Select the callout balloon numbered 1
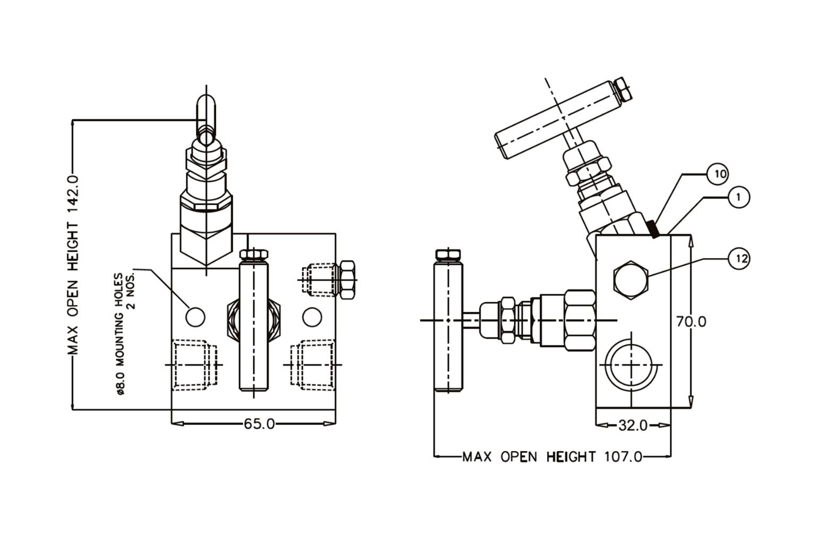(x=738, y=197)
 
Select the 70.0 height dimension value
(x=691, y=321)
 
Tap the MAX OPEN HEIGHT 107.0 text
(x=552, y=456)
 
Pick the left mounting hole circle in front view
(x=195, y=317)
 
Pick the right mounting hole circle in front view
(x=312, y=317)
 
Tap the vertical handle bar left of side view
(x=449, y=324)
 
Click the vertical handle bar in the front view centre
(x=253, y=324)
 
